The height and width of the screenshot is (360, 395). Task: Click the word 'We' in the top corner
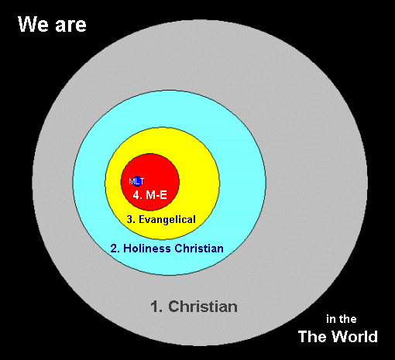tap(33, 24)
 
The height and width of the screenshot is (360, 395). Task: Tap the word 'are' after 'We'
tap(70, 26)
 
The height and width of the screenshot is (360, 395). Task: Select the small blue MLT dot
tap(137, 181)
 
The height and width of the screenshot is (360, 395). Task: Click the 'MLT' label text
tap(136, 181)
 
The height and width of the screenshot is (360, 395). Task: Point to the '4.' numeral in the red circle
tap(138, 195)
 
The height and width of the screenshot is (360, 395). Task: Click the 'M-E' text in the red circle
tap(156, 195)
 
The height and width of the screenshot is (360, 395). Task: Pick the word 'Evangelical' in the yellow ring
tap(167, 220)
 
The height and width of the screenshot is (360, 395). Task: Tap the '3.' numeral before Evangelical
tap(131, 220)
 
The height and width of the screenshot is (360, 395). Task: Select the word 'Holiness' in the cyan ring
tap(147, 249)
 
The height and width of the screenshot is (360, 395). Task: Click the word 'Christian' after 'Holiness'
tap(199, 249)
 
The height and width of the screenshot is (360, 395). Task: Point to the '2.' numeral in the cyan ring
tap(115, 249)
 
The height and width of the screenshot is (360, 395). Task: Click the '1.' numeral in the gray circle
tap(156, 307)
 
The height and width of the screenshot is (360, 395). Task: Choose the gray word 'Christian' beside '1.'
tap(203, 307)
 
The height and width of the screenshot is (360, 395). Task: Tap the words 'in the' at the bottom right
tap(342, 319)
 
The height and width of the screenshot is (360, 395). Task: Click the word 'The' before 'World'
tap(313, 337)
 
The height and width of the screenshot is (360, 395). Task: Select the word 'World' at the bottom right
tap(355, 337)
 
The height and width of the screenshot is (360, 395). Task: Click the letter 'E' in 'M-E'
tap(163, 195)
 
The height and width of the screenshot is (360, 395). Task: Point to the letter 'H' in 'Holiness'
tap(128, 249)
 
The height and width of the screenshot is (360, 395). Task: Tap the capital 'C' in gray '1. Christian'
tap(173, 307)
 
